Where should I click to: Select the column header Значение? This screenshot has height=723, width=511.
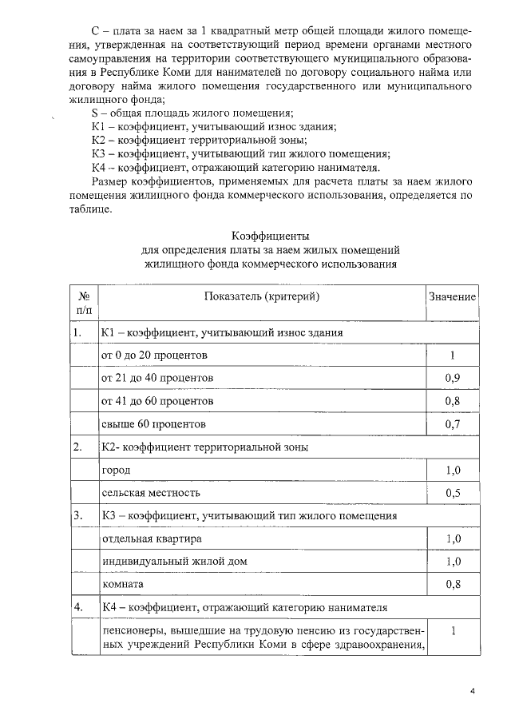(x=452, y=296)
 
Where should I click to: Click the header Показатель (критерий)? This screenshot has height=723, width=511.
(x=261, y=296)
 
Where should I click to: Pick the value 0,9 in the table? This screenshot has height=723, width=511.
(x=452, y=377)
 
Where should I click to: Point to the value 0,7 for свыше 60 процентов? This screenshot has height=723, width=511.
(x=452, y=423)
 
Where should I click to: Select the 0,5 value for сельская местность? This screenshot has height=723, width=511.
(x=452, y=493)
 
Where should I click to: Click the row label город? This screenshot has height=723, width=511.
(x=115, y=470)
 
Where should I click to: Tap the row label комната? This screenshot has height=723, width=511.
(x=122, y=585)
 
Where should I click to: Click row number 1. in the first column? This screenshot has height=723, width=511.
(x=77, y=332)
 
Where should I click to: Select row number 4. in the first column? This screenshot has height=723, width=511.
(x=77, y=608)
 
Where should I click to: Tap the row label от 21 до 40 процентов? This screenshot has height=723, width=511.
(x=157, y=377)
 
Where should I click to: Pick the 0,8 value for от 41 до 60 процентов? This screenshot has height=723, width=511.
(x=452, y=400)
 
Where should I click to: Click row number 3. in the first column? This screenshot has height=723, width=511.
(x=77, y=516)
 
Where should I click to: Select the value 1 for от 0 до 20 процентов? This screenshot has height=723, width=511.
(x=452, y=354)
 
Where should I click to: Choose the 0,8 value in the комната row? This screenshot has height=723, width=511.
(x=452, y=585)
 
